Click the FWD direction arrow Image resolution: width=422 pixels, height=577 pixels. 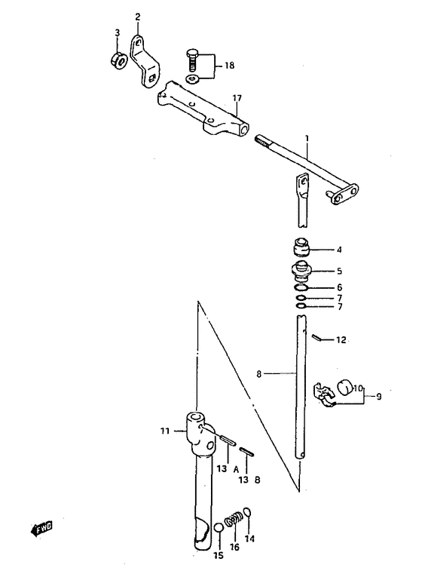[41, 529]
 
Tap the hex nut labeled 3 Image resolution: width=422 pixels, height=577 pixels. [118, 60]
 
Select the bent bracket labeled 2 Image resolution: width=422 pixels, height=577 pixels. [144, 62]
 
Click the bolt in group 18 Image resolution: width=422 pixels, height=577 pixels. [192, 61]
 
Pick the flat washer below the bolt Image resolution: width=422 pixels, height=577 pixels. [192, 78]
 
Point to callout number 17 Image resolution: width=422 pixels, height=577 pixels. [237, 98]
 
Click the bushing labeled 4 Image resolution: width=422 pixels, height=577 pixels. [301, 247]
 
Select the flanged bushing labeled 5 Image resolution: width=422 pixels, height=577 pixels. [301, 272]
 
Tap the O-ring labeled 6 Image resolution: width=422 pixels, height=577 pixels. [301, 287]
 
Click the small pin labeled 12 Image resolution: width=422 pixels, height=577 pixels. [318, 337]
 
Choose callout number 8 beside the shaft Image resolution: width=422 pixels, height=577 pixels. [258, 374]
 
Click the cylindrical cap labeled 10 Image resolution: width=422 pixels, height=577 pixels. [345, 388]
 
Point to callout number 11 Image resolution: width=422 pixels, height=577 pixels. [165, 430]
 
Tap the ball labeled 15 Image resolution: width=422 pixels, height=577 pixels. [219, 528]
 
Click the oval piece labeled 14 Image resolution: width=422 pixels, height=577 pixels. [248, 512]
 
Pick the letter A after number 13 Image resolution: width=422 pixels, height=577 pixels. [236, 469]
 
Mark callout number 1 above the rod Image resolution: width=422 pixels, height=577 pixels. [307, 139]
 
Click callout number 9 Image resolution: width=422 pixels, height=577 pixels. [378, 396]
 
